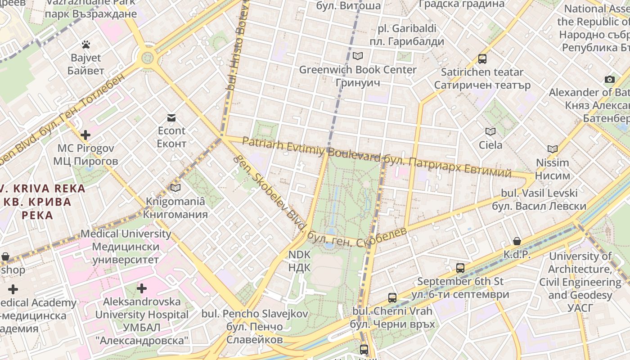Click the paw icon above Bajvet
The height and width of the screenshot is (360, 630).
coord(86,45)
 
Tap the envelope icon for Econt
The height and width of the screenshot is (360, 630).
coord(171,118)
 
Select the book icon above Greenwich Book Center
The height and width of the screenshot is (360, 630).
coord(358,56)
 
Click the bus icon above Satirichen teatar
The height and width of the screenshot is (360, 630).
coord(482,59)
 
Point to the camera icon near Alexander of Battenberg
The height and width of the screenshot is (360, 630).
coord(610,80)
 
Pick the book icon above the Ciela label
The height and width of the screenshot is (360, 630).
coord(490,132)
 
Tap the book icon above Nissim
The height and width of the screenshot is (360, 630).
coord(553,149)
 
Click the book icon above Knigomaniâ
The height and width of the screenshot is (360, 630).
coord(175,188)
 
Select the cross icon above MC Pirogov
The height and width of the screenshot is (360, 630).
coord(85,135)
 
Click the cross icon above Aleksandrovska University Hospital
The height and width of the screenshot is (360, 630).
coord(142,288)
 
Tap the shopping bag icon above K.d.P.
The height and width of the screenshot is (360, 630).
coord(517,241)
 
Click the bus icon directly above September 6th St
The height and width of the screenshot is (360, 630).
coord(460,268)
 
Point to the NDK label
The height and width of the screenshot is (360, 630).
coord(299,261)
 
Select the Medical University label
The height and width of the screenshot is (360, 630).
coord(126,247)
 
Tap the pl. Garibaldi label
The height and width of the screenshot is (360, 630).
coord(407,35)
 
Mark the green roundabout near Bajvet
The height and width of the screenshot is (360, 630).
coord(147,58)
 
